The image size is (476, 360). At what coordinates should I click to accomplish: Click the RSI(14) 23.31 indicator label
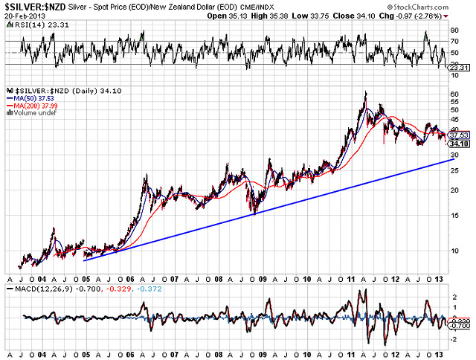[x=31, y=24]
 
